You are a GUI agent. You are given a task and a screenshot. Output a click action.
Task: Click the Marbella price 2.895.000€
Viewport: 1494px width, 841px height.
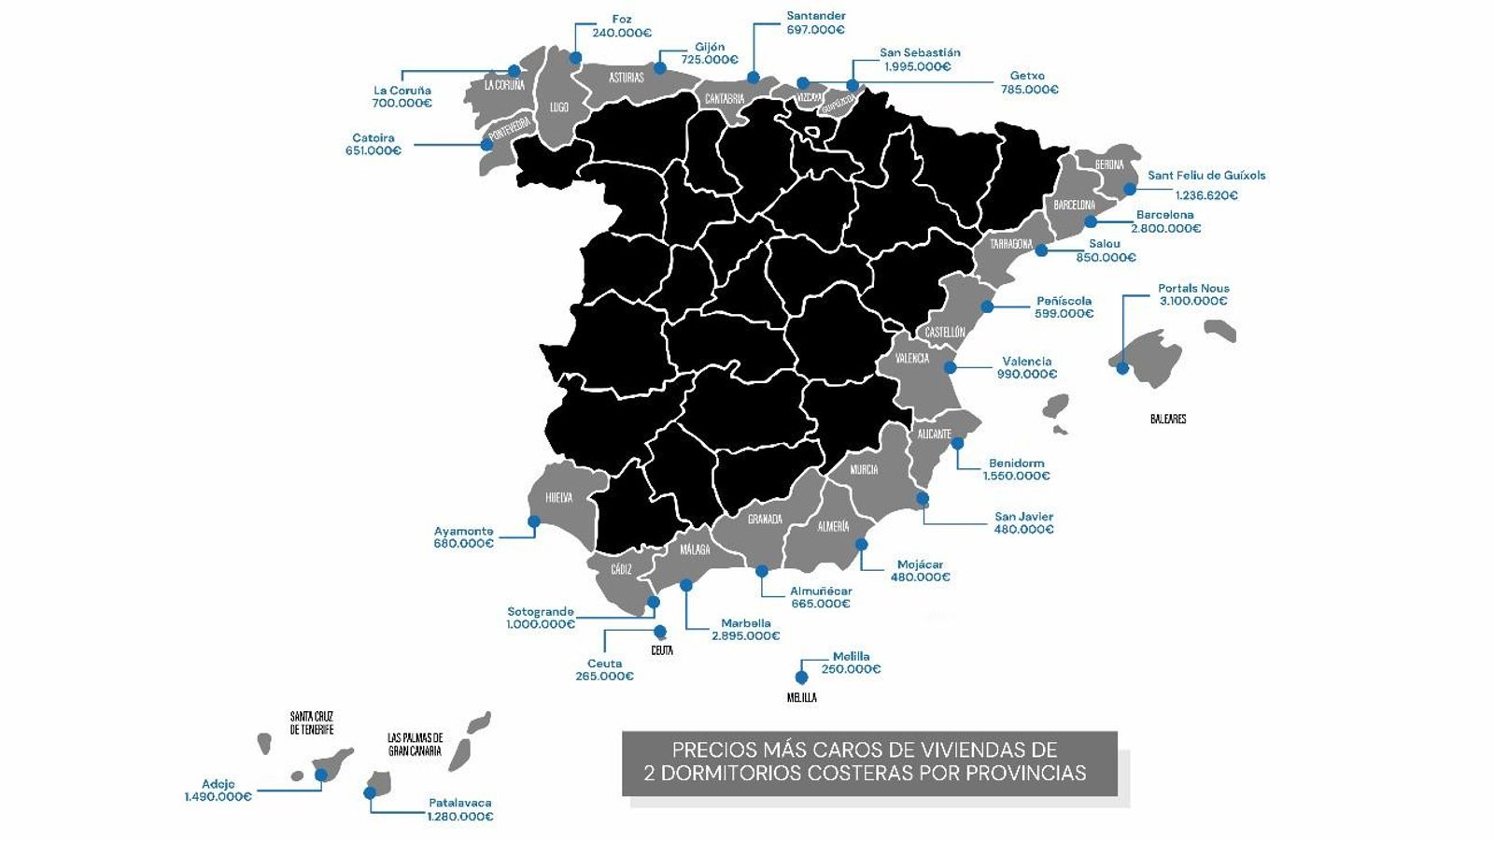[745, 636]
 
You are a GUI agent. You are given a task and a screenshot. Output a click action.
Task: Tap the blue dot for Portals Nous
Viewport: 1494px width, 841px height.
[1122, 368]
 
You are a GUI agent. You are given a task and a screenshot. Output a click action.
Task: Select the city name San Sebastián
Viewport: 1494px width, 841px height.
[920, 53]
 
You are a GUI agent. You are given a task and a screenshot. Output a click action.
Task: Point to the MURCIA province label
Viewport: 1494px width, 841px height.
[864, 470]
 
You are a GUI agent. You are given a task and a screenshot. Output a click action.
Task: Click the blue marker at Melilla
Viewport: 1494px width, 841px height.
[800, 677]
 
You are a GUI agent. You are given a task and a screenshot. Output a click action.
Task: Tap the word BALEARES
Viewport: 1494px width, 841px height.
[1168, 420]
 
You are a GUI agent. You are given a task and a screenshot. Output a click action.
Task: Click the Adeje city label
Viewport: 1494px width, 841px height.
[218, 784]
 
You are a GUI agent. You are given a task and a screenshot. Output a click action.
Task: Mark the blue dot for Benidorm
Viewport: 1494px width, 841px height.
[957, 444]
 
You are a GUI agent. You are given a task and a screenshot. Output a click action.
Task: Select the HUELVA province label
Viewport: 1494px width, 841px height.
[558, 498]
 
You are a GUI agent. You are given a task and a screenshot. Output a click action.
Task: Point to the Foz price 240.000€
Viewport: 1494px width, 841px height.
[621, 33]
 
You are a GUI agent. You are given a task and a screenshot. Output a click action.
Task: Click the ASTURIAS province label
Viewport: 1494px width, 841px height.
[627, 78]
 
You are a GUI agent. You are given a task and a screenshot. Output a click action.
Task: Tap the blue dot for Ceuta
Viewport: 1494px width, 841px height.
[660, 631]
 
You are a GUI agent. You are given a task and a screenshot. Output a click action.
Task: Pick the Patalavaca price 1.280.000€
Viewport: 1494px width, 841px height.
[459, 816]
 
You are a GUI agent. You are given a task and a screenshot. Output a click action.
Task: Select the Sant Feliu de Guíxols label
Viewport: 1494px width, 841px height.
[1206, 176]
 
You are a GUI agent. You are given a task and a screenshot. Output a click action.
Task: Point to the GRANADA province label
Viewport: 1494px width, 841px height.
[765, 520]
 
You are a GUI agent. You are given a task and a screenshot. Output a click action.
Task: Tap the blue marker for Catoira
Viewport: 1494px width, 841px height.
[487, 144]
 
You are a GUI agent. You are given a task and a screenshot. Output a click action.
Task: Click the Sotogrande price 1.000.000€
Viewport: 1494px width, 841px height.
[541, 624]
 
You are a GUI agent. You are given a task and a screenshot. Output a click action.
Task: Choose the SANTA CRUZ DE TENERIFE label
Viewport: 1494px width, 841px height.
[311, 723]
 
